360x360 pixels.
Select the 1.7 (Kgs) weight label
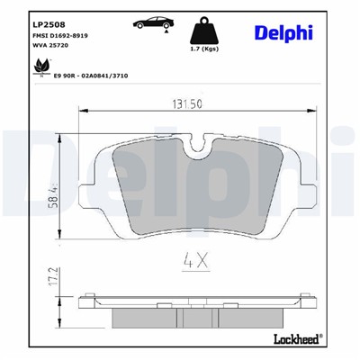click(x=204, y=59)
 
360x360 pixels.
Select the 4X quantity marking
click(x=197, y=265)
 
